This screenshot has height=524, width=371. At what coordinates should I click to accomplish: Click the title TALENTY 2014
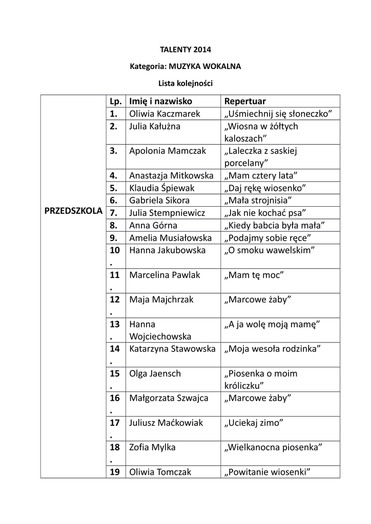point(186,50)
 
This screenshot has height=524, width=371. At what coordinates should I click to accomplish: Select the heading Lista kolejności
point(186,82)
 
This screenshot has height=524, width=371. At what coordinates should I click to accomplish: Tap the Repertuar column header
point(245,101)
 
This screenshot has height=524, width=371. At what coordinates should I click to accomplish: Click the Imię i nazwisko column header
point(160,101)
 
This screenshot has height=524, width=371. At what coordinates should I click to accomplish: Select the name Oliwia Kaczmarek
point(164,114)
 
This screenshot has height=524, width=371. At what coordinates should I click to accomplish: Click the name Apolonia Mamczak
point(168,150)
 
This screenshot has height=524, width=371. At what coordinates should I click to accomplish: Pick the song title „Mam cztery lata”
point(260,176)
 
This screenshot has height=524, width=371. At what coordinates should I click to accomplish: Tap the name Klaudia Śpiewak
point(161,188)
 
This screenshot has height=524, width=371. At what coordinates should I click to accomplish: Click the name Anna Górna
point(153,225)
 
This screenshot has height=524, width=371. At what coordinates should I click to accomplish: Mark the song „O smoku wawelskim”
point(269,250)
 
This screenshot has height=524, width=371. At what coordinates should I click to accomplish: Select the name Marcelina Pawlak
point(164,275)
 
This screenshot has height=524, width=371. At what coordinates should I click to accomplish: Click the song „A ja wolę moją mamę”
point(272,324)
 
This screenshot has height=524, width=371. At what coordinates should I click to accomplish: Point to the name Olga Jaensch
point(155,374)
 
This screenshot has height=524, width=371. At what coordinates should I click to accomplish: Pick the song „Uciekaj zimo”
point(254,423)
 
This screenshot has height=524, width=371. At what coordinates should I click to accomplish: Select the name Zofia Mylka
point(152,447)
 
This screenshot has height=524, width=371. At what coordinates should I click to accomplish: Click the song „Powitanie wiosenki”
point(268,472)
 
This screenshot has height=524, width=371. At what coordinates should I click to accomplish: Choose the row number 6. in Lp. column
point(114,200)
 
